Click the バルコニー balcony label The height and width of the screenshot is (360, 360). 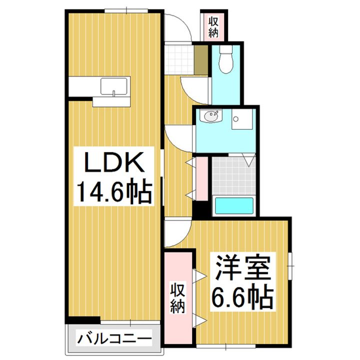click(114, 339)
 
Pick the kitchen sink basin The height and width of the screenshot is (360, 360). click(115, 87)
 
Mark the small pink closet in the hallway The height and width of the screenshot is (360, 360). click(202, 178)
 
